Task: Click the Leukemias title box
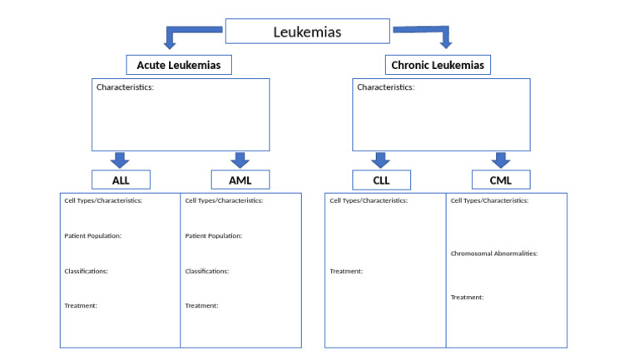click(307, 32)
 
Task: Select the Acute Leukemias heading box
click(179, 65)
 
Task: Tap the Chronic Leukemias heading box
click(438, 65)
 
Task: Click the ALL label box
click(121, 180)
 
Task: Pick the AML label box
click(240, 180)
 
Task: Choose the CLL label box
click(381, 180)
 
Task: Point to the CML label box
click(500, 180)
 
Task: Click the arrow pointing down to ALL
click(120, 160)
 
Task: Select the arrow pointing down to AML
click(240, 160)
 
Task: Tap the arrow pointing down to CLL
click(381, 160)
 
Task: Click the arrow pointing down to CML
click(500, 160)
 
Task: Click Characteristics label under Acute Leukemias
click(125, 87)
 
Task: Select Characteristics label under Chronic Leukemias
click(385, 87)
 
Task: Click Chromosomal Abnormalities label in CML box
click(493, 254)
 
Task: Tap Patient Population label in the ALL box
click(92, 236)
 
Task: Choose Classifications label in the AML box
click(206, 271)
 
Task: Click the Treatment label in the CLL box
click(346, 271)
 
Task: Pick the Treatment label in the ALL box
click(81, 306)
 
